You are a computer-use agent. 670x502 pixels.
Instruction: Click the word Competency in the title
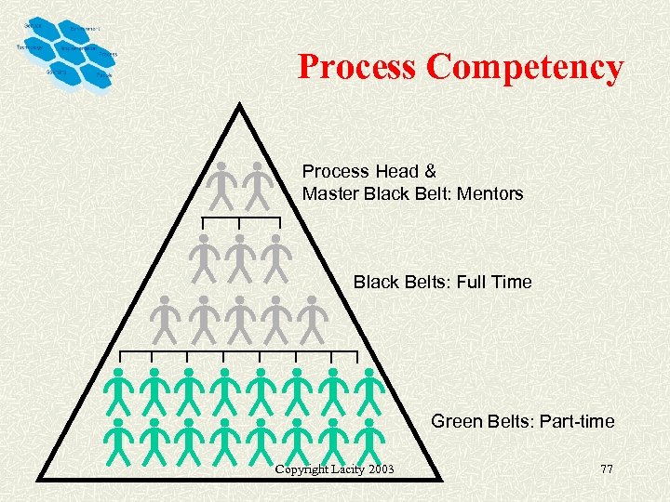coord(526,67)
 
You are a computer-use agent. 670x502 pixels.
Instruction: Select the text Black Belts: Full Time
coord(442,282)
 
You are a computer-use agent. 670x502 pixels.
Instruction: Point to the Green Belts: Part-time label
coord(522,421)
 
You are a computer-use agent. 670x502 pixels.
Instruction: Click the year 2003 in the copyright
coord(380,469)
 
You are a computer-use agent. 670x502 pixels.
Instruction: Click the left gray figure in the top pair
coord(221,186)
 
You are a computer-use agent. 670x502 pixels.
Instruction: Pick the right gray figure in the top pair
coord(257,186)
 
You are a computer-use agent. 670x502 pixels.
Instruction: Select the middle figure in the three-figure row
coord(239,258)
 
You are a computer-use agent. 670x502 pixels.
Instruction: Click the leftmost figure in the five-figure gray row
coord(165,319)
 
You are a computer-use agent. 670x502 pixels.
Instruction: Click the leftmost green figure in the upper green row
coord(119,390)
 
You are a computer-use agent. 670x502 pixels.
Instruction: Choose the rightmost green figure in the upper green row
coord(369,390)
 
